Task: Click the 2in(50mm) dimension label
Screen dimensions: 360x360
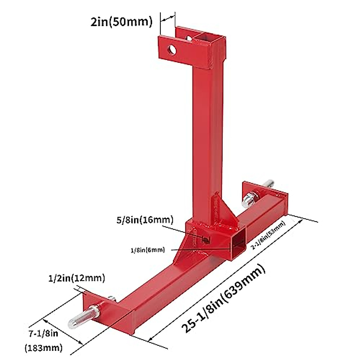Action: point(121,22)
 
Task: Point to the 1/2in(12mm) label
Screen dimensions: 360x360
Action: point(77,278)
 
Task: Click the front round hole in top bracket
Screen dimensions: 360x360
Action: point(172,50)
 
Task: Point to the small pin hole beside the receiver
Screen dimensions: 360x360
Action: point(205,239)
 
